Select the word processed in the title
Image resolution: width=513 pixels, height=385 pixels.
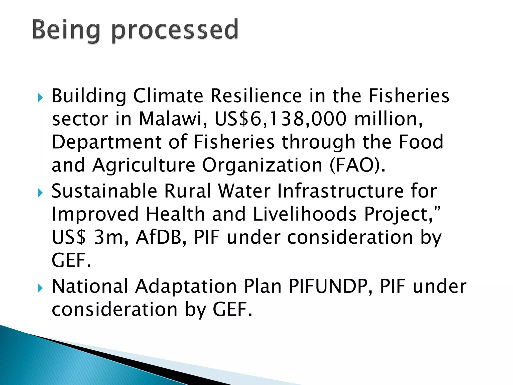coord(175,31)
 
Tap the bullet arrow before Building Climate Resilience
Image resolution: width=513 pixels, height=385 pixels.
coord(40,97)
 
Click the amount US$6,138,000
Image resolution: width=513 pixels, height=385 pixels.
coord(281,119)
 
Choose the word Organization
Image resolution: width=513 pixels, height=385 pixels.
coord(262,165)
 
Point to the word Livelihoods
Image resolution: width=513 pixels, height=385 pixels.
coord(305,214)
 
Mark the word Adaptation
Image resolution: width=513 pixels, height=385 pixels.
coord(186,286)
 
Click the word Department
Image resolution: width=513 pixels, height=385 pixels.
coord(106,142)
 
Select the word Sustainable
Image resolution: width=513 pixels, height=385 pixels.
coord(104,191)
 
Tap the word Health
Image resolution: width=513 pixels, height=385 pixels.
coord(175,214)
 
